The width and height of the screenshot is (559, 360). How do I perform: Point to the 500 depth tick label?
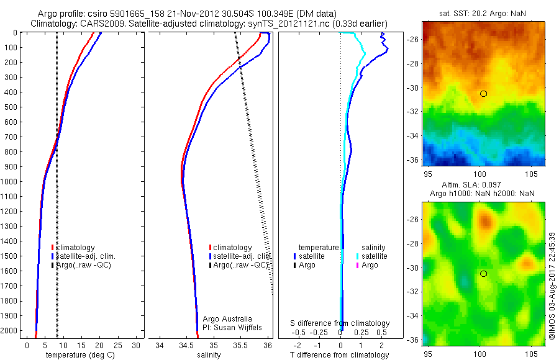tap(10, 107)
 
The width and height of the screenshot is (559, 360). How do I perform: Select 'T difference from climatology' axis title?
tap(340, 355)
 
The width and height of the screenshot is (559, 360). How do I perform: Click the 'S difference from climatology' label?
tap(340, 323)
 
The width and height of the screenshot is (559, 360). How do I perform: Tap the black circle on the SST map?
tap(483, 94)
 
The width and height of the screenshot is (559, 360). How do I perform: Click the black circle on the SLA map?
tap(483, 274)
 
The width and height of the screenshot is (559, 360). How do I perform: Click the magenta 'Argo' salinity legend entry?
tap(370, 265)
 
